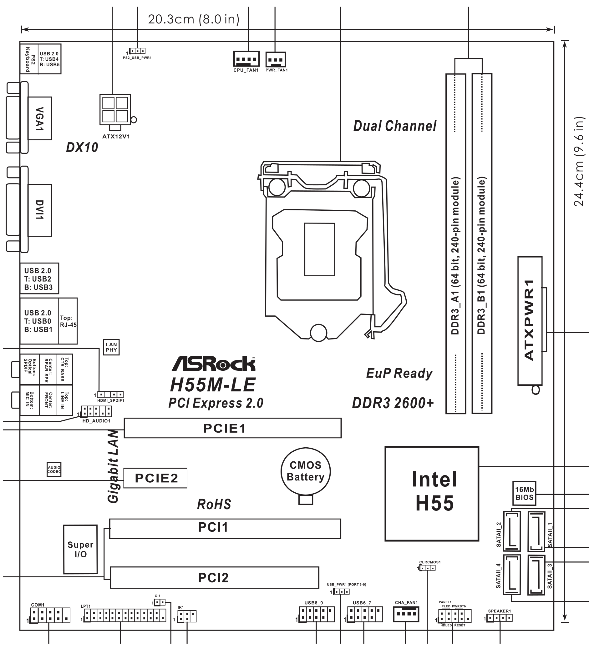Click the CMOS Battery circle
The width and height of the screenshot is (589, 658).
pyautogui.click(x=306, y=471)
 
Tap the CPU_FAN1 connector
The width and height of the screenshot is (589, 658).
pyautogui.click(x=246, y=59)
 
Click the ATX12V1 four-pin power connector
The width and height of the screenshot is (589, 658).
pyautogui.click(x=115, y=110)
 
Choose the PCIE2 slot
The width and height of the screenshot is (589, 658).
pyautogui.click(x=155, y=478)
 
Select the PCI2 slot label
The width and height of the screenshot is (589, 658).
pyautogui.click(x=213, y=578)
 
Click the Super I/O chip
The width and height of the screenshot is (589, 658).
pyautogui.click(x=81, y=549)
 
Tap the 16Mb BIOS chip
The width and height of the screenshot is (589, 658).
pyautogui.click(x=524, y=493)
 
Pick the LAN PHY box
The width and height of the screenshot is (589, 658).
pyautogui.click(x=111, y=347)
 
